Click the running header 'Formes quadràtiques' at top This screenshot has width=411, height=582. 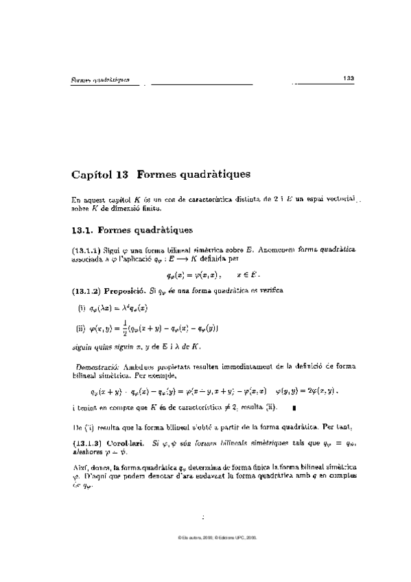[101, 80]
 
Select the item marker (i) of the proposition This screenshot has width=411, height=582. [80, 308]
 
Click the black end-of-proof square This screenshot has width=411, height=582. [294, 408]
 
